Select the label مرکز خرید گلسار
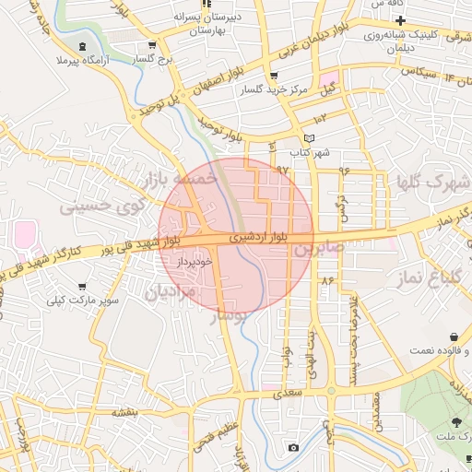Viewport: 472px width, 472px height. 273,89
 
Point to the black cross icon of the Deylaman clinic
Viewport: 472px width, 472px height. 399,19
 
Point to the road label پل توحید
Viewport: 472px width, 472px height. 158,103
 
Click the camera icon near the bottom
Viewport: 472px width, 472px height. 293,448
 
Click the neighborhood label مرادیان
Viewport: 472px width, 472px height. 171,292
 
